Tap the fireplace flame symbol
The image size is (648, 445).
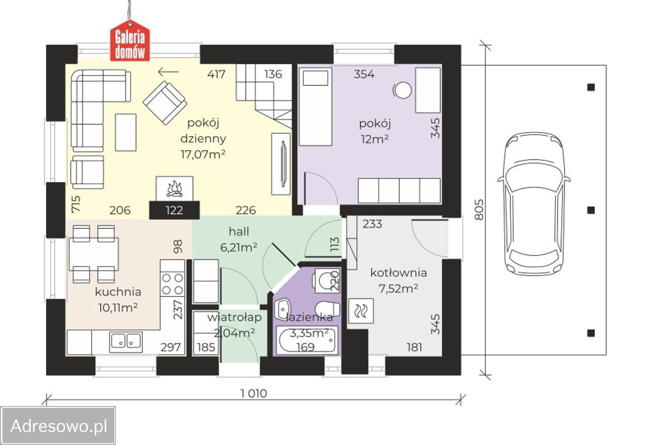(175, 189)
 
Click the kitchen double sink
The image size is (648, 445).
(126, 342)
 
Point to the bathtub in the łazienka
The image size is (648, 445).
(307, 341)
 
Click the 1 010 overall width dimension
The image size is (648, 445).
(254, 393)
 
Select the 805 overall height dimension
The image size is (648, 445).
(479, 210)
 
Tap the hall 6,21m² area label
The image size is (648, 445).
(239, 239)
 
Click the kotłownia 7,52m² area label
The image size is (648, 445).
(398, 280)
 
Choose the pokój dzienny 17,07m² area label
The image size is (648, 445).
(203, 139)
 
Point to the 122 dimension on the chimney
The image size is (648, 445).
(175, 210)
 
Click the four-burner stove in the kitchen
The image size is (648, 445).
(173, 284)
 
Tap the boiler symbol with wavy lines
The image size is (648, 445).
(361, 311)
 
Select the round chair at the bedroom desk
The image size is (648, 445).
(402, 90)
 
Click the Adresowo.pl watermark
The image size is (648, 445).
(58, 426)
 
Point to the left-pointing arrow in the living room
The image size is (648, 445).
(169, 72)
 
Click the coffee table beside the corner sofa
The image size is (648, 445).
(126, 132)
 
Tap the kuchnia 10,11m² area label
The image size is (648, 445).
(118, 300)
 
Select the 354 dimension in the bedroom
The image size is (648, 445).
(364, 74)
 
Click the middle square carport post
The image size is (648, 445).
(591, 210)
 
